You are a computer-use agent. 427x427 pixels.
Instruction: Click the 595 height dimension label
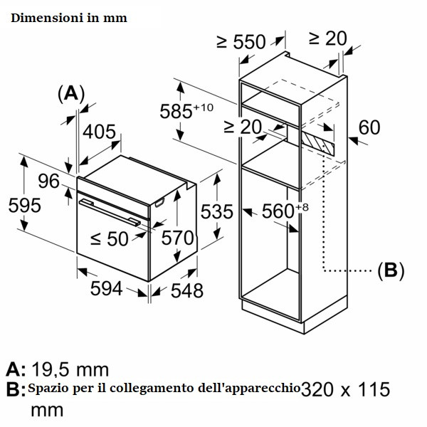24,206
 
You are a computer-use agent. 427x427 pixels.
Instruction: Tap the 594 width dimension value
106,289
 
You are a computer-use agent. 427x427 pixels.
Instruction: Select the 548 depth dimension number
186,291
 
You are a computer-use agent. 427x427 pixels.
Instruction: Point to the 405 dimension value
99,132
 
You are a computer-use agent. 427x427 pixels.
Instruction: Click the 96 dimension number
48,181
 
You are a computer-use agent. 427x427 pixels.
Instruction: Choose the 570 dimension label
177,238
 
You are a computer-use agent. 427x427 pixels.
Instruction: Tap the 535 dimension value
217,211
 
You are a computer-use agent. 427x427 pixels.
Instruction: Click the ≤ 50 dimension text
109,239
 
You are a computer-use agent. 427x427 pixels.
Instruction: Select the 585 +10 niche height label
186,111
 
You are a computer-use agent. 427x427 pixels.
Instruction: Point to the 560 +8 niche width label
285,211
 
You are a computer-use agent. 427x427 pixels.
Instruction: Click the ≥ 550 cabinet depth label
241,42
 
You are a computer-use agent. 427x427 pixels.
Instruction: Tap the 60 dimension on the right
369,127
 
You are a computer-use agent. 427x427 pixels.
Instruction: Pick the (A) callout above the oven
71,94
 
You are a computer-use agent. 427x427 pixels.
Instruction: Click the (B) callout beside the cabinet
391,270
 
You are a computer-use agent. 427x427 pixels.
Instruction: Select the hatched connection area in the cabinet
318,144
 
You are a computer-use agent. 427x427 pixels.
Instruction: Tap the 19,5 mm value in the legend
70,369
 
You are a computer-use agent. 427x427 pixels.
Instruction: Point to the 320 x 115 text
345,389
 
